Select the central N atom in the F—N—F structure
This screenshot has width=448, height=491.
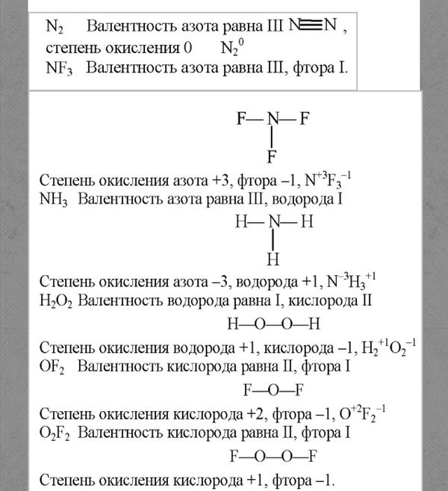click(273, 118)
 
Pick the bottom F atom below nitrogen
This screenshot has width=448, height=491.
click(273, 157)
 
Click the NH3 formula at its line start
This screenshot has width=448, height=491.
click(52, 200)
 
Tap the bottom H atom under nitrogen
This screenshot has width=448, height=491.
click(273, 260)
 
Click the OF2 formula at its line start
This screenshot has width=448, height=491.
click(51, 368)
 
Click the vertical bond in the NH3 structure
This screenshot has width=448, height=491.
click(273, 241)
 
